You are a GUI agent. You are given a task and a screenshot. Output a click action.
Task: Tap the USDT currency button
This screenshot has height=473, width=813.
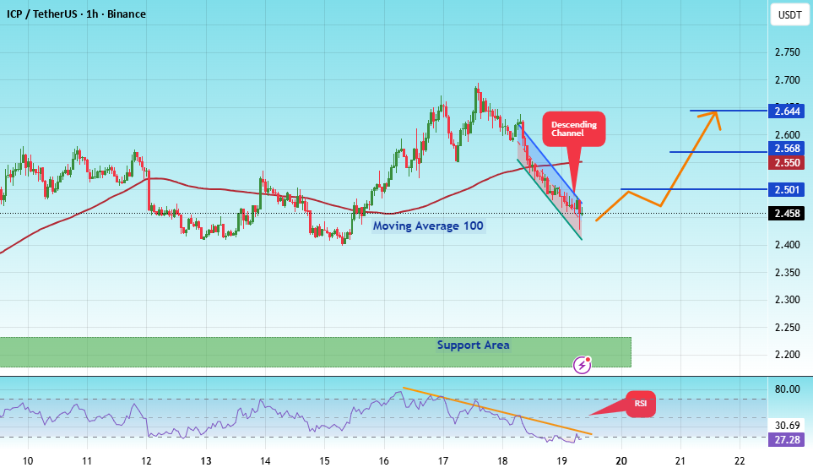pyautogui.click(x=789, y=14)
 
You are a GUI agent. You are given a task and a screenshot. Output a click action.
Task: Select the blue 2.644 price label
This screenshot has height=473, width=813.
pyautogui.click(x=789, y=111)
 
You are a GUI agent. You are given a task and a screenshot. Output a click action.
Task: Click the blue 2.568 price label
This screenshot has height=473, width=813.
pyautogui.click(x=789, y=149)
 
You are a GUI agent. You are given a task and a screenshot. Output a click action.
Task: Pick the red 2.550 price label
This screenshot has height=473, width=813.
pyautogui.click(x=789, y=162)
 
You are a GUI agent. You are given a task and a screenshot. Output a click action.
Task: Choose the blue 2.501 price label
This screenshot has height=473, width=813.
pyautogui.click(x=789, y=189)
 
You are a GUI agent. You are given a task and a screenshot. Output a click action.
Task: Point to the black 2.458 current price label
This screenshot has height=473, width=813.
pyautogui.click(x=789, y=213)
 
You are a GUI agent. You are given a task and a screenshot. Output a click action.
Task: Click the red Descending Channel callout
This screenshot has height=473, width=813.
pyautogui.click(x=573, y=129)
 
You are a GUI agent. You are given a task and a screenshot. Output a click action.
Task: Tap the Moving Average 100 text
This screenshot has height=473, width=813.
pyautogui.click(x=428, y=226)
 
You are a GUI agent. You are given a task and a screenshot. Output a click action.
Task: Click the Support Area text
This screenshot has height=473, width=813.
pyautogui.click(x=473, y=345)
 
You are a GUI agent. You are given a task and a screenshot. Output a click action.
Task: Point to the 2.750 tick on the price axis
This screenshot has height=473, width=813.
pyautogui.click(x=787, y=52)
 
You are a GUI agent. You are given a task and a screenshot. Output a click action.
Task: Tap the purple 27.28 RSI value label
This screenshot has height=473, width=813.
pyautogui.click(x=789, y=439)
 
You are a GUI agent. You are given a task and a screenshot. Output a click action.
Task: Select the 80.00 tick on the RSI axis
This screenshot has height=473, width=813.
pyautogui.click(x=787, y=389)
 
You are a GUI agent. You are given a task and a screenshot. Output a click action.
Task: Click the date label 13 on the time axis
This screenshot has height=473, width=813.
pyautogui.click(x=205, y=460)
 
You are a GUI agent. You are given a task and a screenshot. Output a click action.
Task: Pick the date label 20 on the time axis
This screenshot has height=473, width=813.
pyautogui.click(x=621, y=460)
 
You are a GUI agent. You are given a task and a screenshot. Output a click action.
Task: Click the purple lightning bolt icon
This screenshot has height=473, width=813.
pyautogui.click(x=582, y=365)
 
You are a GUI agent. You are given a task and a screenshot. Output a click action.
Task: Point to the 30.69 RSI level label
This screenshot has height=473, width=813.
pyautogui.click(x=787, y=426)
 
